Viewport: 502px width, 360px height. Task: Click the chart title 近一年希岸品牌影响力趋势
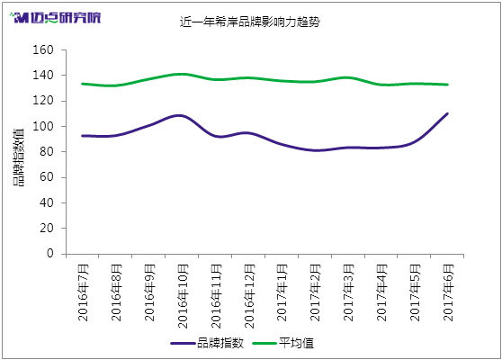point(250,22)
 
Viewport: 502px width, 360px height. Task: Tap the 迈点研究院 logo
point(55,18)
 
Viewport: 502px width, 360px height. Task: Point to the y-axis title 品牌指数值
point(19,157)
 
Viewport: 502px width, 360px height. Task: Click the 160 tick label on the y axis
point(43,49)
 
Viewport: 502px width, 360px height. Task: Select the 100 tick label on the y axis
point(43,126)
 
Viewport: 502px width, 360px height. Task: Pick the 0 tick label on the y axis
point(50,253)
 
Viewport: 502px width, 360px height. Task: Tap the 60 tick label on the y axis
point(47,177)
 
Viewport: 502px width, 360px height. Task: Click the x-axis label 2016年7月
point(84,292)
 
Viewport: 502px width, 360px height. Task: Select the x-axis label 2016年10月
point(183,296)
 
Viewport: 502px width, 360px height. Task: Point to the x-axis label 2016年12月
point(249,296)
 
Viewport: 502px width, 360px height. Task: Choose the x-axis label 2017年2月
point(316,292)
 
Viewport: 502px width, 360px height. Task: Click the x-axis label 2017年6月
point(448,292)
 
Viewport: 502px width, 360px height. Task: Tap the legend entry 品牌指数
point(207,343)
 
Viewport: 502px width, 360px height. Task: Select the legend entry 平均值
point(283,343)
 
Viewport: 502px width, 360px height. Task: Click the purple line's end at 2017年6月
point(447,113)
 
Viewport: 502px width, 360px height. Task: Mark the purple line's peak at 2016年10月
point(180,115)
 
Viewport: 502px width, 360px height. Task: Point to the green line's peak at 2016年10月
point(182,74)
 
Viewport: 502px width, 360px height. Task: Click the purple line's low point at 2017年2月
point(316,150)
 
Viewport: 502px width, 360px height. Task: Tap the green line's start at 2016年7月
point(82,84)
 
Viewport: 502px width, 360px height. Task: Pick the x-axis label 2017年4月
point(381,292)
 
